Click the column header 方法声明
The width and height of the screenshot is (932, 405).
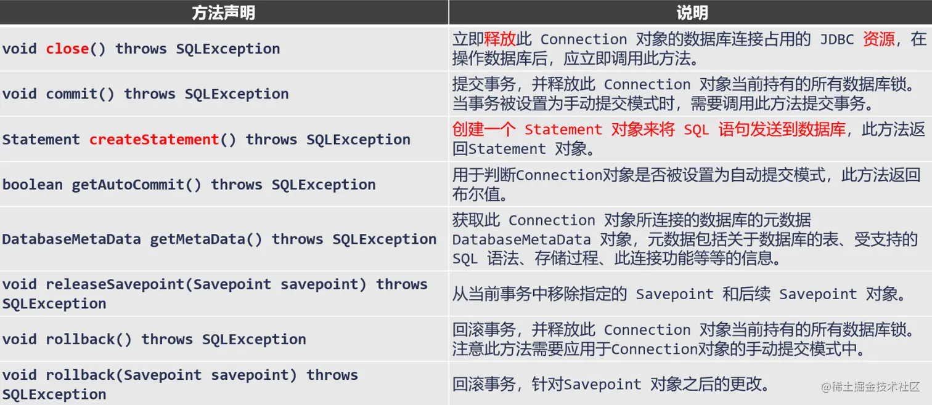pyautogui.click(x=223, y=13)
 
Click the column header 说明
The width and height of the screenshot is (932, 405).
pyautogui.click(x=692, y=13)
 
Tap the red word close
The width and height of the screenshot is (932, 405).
pyautogui.click(x=67, y=49)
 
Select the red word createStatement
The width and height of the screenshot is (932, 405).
pyautogui.click(x=154, y=140)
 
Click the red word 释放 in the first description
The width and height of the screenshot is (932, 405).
pyautogui.click(x=500, y=39)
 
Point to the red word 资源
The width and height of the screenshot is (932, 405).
pyautogui.click(x=878, y=39)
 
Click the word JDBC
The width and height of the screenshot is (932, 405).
pyautogui.click(x=836, y=39)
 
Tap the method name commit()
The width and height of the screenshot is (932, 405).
pyautogui.click(x=80, y=94)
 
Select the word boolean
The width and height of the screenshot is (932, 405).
pyautogui.click(x=33, y=185)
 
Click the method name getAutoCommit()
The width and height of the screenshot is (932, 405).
pyautogui.click(x=136, y=185)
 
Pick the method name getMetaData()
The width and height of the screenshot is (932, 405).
pyautogui.click(x=206, y=239)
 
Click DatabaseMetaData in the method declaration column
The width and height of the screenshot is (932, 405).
pyautogui.click(x=72, y=239)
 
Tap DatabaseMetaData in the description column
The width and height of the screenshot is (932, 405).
pyautogui.click(x=521, y=239)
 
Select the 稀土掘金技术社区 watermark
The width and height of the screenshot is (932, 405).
pyautogui.click(x=870, y=387)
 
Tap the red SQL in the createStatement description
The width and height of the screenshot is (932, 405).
pyautogui.click(x=697, y=130)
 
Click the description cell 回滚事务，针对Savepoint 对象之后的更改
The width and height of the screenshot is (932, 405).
pyautogui.click(x=611, y=384)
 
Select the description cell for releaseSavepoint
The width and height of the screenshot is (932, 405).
pyautogui.click(x=679, y=294)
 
